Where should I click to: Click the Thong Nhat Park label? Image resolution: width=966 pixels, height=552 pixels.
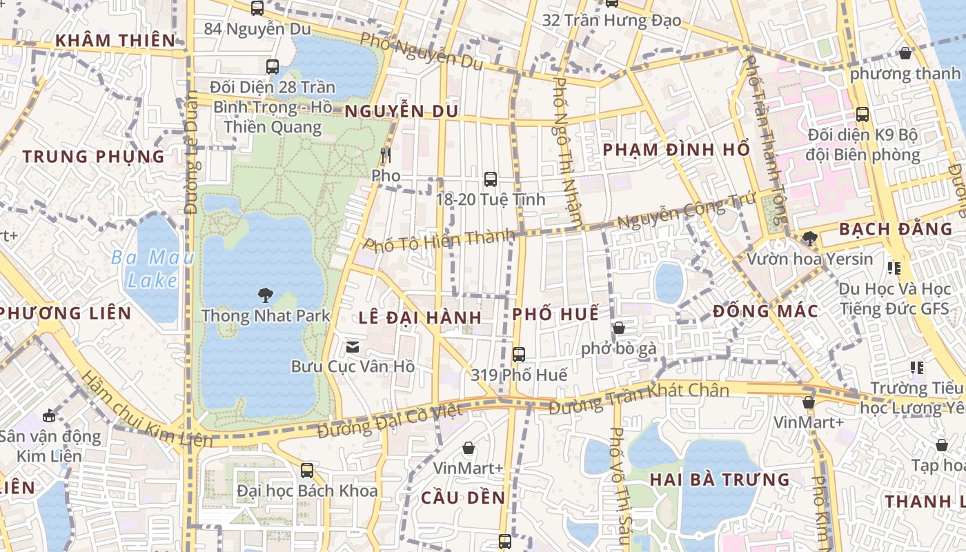[x=266, y=316]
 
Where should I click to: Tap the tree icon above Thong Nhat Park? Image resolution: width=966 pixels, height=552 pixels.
[x=265, y=295]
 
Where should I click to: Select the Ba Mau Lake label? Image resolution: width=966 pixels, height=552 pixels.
[x=145, y=269]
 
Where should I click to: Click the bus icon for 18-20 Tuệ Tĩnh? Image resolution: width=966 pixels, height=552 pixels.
[x=491, y=179]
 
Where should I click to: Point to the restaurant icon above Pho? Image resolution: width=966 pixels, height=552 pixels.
[x=386, y=155]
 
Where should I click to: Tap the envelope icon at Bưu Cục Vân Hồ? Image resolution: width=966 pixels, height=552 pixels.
[x=353, y=346]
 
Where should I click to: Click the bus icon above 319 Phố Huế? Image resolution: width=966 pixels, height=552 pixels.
[x=519, y=355]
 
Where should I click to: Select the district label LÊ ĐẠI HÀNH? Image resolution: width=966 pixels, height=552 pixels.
[x=420, y=317]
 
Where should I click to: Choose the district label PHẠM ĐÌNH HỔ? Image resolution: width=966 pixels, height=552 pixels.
[x=676, y=150]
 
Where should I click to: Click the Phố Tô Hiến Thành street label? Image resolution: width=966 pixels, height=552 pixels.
[x=439, y=241]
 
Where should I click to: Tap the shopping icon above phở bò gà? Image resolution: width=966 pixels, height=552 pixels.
[x=619, y=328]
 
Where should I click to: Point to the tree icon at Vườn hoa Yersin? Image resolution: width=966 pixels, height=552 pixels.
[x=810, y=239]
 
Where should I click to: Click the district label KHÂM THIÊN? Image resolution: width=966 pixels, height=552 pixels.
[x=116, y=40]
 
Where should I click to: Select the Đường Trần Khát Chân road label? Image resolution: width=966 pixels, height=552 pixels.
[x=639, y=399]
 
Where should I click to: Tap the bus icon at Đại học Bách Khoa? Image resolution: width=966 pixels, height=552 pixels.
[x=307, y=471]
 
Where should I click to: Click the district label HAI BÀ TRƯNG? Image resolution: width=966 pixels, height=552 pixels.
[x=720, y=479]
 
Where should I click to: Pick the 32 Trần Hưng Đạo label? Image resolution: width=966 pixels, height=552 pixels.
[x=611, y=20]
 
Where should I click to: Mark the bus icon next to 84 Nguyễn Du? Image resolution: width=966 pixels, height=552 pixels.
[x=257, y=8]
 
